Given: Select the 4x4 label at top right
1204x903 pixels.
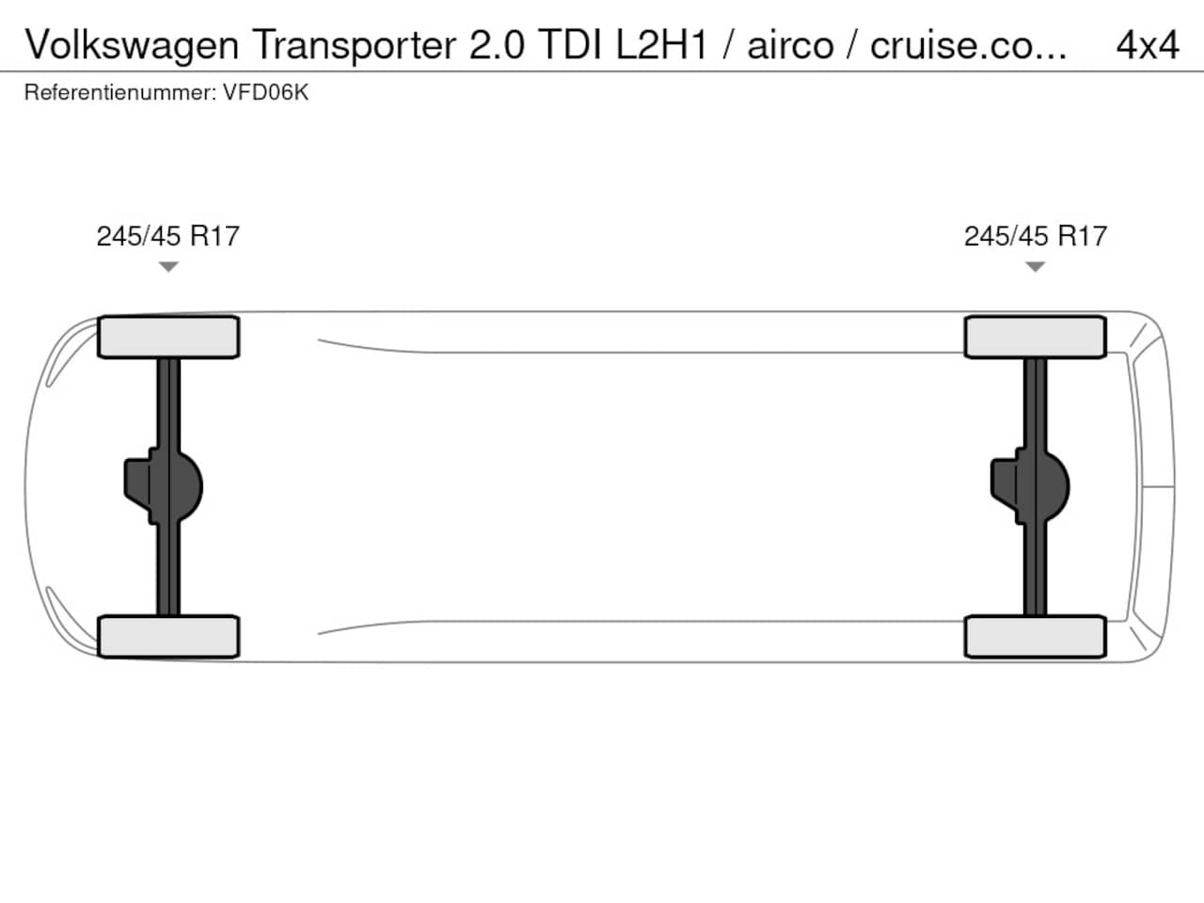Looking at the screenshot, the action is (1148, 45).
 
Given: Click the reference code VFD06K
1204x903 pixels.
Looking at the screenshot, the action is (265, 93).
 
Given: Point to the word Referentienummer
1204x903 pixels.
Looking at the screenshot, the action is (120, 93).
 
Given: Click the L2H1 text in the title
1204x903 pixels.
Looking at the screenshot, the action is (662, 45).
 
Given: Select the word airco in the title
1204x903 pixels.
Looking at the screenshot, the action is (790, 45).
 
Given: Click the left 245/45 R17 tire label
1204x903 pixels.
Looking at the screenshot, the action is (167, 236).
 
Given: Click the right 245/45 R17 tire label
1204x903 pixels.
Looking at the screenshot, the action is (1036, 236).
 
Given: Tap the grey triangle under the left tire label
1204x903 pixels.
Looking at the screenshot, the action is (168, 267).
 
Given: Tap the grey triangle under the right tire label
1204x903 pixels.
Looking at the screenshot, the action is (1035, 267).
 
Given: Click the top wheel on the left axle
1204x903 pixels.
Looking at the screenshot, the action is (168, 337).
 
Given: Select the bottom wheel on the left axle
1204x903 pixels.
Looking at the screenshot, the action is (168, 637).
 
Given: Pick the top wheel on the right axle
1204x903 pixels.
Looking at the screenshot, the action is (1035, 337).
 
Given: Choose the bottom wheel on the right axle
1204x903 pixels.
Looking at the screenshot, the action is (1035, 637).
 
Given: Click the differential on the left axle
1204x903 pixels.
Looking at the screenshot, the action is (164, 486).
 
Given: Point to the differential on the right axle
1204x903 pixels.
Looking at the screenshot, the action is (1030, 486).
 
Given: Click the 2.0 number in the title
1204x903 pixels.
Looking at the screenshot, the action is (497, 45).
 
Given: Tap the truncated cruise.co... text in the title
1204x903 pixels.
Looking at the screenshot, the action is (969, 45).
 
